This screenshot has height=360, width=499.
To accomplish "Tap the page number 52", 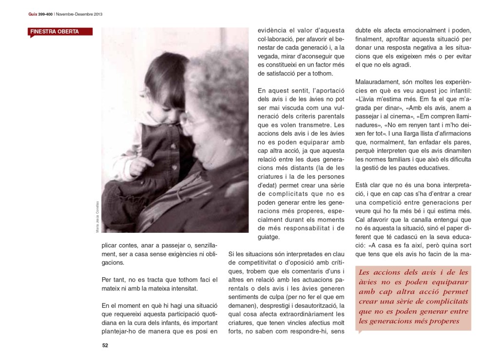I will (x=105, y=345).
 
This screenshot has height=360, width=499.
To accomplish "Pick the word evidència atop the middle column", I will (x=274, y=30).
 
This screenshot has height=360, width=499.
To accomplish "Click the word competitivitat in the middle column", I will (x=260, y=263).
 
